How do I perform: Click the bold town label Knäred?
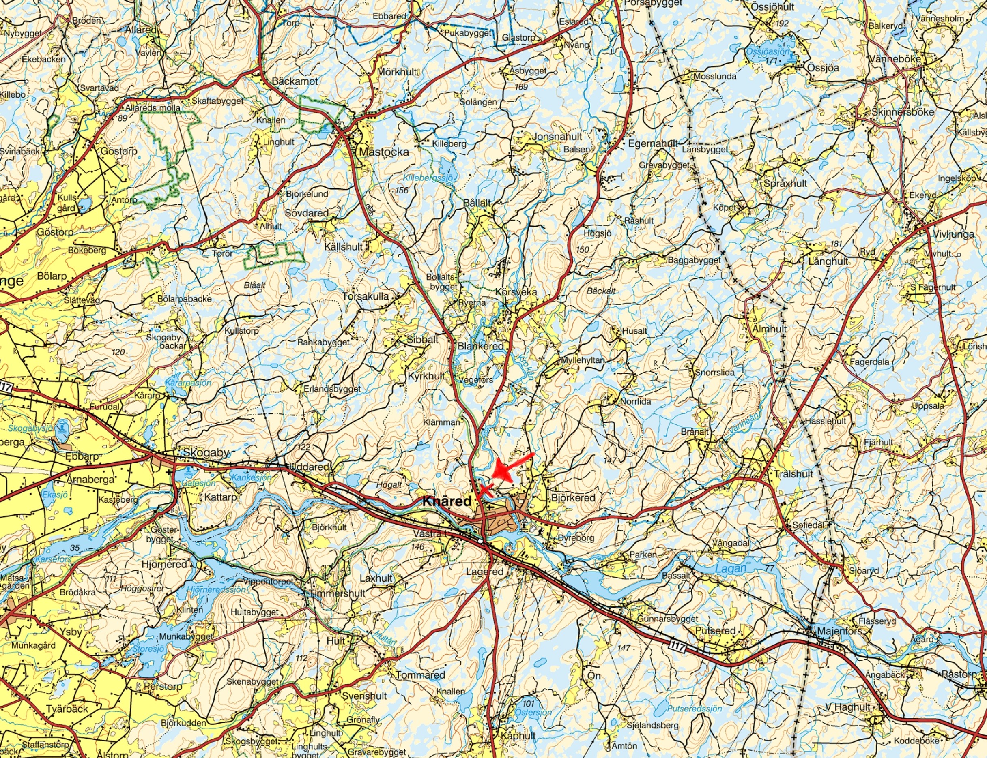[x=447, y=501]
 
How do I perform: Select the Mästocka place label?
[x=384, y=152]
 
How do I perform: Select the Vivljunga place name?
[x=951, y=235]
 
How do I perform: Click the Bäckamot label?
[x=295, y=81]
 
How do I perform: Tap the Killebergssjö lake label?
[x=428, y=178]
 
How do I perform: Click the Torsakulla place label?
[x=366, y=296]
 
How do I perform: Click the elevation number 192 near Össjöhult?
[x=782, y=24]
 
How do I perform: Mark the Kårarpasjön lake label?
[x=188, y=383]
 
